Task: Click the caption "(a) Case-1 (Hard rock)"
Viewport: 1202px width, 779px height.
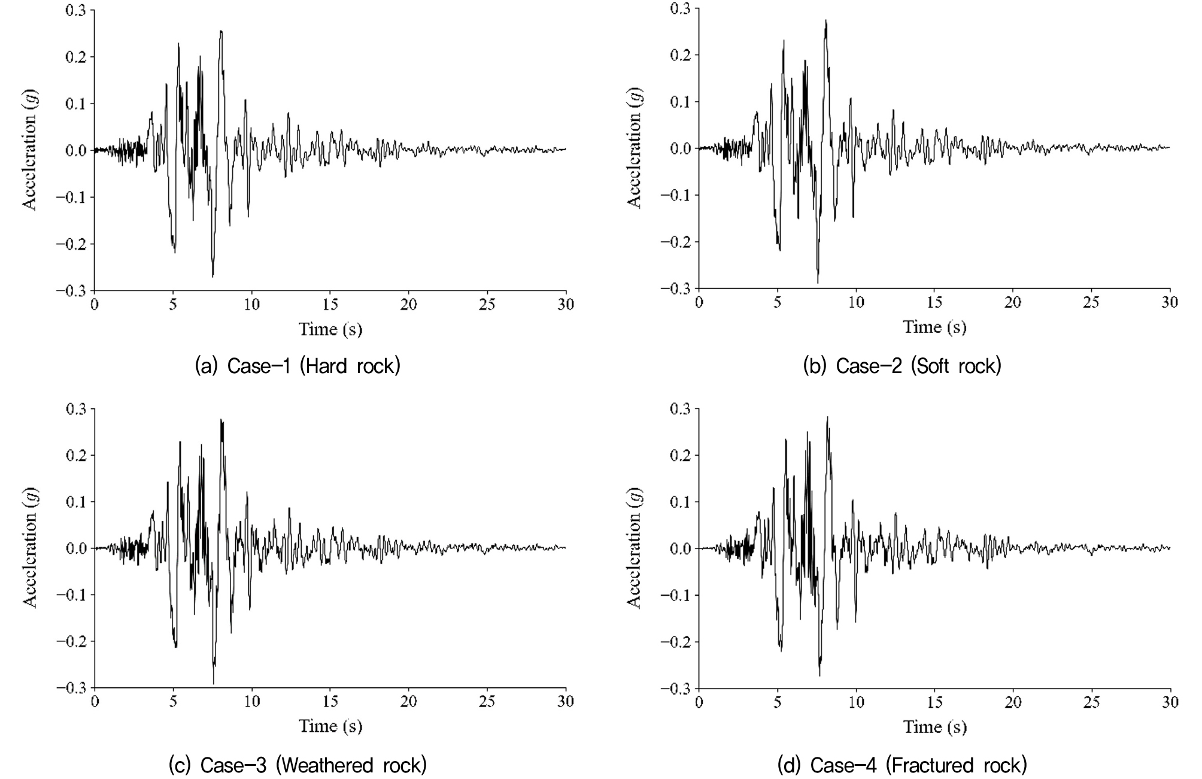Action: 298,366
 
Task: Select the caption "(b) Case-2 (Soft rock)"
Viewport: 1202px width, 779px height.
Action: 901,366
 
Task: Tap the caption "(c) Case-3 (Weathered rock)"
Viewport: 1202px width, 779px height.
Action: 298,765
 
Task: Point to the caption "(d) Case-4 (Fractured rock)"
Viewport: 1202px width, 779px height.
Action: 901,765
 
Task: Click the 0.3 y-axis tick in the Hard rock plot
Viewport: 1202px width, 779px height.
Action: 75,10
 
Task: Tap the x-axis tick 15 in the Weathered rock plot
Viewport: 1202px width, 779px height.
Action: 330,701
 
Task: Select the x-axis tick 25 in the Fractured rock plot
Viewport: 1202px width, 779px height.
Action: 1091,701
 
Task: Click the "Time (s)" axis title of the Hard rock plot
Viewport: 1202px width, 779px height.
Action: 330,329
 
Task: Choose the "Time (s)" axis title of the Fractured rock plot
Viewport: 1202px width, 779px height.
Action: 934,727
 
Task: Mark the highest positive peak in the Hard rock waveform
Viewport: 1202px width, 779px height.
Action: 221,32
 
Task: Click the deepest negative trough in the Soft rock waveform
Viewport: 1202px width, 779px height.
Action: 818,281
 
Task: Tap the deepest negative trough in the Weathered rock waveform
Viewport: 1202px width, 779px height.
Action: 214,683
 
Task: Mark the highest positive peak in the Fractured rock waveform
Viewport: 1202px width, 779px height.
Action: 827,417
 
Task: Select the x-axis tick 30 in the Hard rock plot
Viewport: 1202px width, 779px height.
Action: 566,304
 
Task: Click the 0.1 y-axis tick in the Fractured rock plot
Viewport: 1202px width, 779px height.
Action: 679,502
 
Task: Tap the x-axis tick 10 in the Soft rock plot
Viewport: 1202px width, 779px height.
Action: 856,302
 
